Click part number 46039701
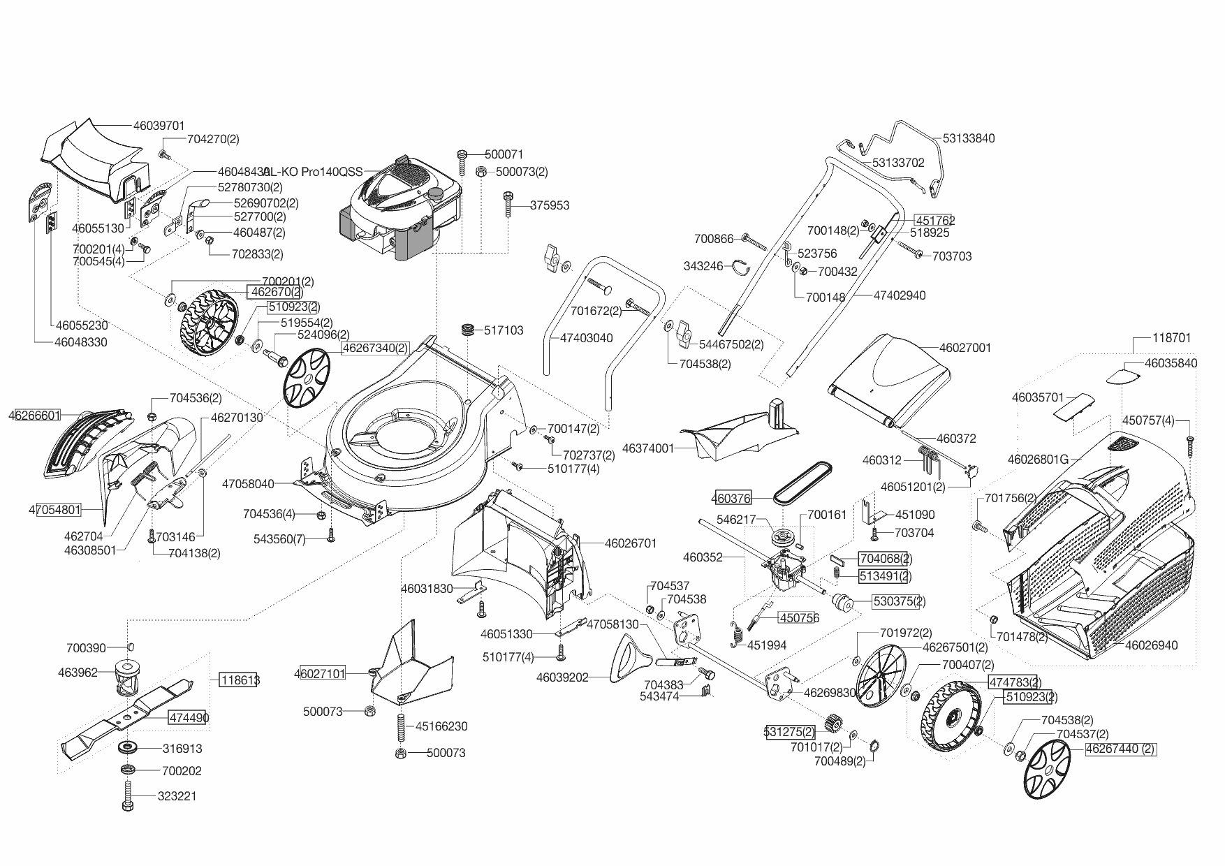159,126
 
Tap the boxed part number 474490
187,717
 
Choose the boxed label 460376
731,498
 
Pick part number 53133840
968,138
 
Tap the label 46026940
1151,645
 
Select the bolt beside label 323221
127,796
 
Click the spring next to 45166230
401,726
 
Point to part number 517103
504,330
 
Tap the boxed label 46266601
35,416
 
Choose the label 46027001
965,347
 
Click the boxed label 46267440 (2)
1120,749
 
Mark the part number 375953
550,205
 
